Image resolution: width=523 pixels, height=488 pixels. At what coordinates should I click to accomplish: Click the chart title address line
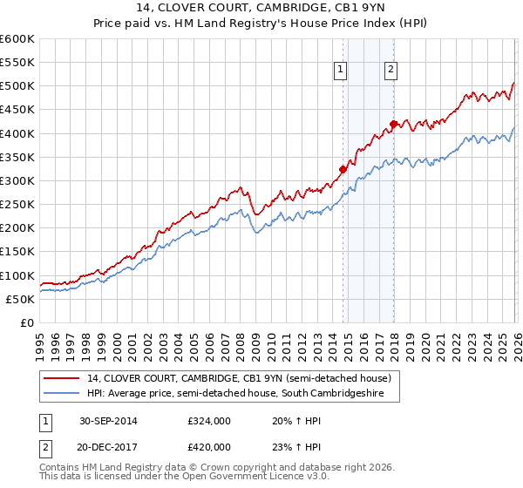pyautogui.click(x=261, y=9)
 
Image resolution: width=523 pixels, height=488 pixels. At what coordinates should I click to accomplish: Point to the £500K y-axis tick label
pyautogui.click(x=17, y=86)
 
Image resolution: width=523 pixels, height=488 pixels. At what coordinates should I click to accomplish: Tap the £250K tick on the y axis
pyautogui.click(x=17, y=205)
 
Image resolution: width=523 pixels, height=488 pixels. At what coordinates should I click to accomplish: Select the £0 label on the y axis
pyautogui.click(x=26, y=323)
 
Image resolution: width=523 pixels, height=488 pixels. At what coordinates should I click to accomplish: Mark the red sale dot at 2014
pyautogui.click(x=343, y=170)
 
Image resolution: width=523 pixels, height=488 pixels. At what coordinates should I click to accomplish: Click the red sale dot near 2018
pyautogui.click(x=393, y=124)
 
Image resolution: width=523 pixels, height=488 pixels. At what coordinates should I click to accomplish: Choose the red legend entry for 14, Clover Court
pyautogui.click(x=244, y=378)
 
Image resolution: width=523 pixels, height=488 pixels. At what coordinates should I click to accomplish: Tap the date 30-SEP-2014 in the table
pyautogui.click(x=108, y=421)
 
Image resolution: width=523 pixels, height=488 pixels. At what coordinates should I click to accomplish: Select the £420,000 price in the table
pyautogui.click(x=208, y=446)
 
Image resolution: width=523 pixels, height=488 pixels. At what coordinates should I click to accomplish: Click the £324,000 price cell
pyautogui.click(x=208, y=421)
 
